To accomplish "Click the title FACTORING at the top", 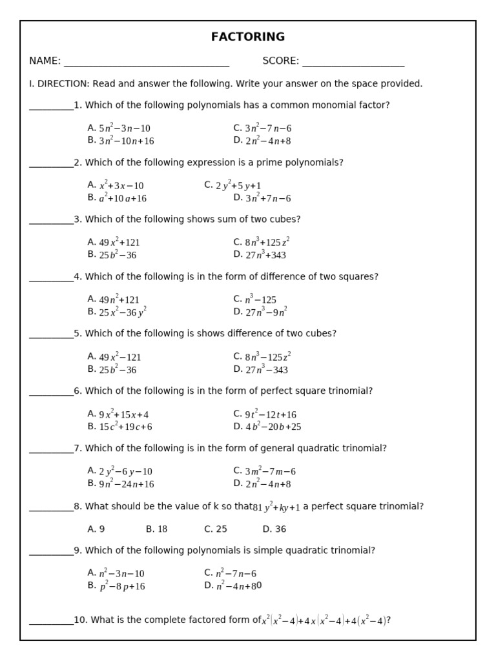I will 248,37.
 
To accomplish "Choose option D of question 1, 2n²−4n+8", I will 262,141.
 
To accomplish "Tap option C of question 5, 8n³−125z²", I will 262,356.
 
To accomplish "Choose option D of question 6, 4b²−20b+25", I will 267,427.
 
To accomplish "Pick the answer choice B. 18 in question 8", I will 156,529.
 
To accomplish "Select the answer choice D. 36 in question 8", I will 274,529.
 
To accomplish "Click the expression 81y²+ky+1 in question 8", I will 276,507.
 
